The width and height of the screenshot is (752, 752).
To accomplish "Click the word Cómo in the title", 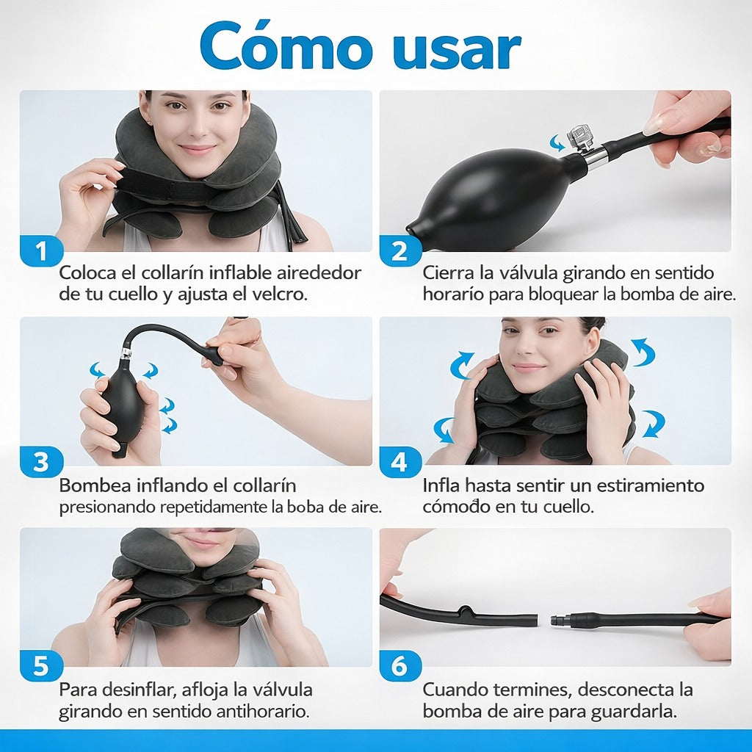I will click(x=286, y=48).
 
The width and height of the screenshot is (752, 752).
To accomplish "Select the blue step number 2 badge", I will click(x=399, y=252).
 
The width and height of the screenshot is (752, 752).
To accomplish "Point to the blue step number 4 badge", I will click(x=399, y=463).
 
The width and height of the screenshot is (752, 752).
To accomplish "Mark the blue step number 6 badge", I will click(x=399, y=666).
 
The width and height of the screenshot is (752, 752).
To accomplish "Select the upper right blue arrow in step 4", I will click(x=643, y=352).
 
